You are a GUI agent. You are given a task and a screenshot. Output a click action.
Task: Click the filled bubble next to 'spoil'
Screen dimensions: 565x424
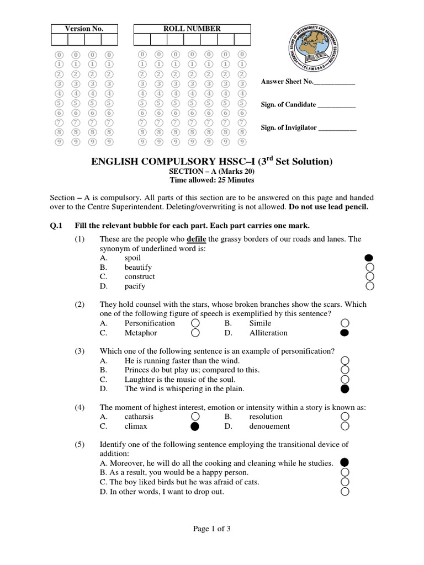point(370,258)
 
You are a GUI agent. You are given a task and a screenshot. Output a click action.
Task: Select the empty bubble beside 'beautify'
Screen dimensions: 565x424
point(370,267)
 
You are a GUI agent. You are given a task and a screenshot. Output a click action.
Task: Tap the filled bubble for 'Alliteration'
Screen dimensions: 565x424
point(345,333)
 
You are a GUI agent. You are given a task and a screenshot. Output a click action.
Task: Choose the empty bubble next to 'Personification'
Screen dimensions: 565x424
point(195,323)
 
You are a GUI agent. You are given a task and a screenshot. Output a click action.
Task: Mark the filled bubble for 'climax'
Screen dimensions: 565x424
point(195,427)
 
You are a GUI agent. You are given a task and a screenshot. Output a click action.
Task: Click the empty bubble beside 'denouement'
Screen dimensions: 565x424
point(345,426)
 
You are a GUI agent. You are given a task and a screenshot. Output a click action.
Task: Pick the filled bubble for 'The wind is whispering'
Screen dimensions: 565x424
point(345,389)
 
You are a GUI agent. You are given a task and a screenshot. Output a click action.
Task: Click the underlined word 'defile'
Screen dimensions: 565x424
point(197,239)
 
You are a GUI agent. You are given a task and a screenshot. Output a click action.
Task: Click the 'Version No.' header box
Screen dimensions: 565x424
point(84,29)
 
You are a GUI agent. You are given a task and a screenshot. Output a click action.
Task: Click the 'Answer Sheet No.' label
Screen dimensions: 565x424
point(287,82)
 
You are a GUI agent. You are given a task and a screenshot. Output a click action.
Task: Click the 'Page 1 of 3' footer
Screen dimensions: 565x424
point(211,529)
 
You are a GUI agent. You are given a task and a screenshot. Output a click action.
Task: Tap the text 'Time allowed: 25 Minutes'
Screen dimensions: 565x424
point(211,180)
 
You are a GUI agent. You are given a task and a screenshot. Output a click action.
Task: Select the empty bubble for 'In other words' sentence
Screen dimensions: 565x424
point(345,492)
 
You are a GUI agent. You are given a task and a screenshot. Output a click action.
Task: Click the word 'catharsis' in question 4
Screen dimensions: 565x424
point(139,417)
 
